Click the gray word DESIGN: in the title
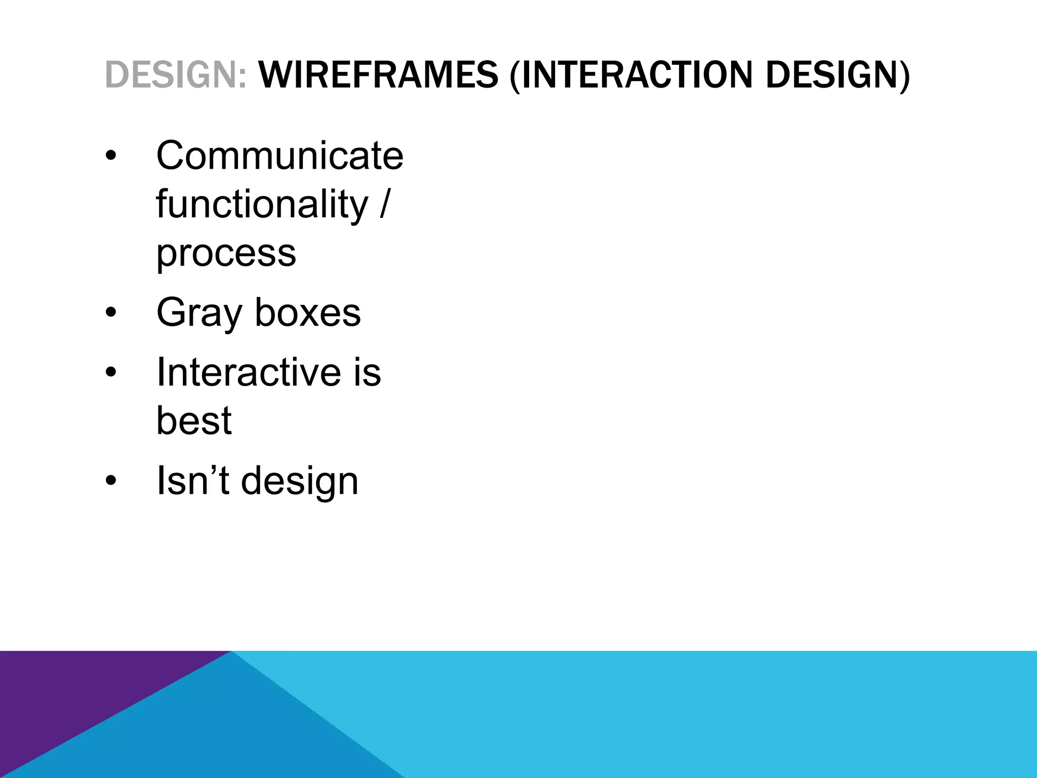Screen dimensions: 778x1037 [x=176, y=75]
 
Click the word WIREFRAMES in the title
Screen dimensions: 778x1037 [x=378, y=75]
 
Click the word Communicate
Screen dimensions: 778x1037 [x=280, y=155]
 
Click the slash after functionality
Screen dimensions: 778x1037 [x=384, y=204]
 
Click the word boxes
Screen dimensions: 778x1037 [x=307, y=313]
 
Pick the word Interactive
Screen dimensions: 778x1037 [x=248, y=372]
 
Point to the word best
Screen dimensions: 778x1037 [x=193, y=420]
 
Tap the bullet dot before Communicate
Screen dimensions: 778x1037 [x=111, y=155]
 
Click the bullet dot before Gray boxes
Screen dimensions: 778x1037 [x=111, y=313]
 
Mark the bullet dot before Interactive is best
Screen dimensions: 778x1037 [x=111, y=373]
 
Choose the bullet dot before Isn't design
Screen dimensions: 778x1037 [x=111, y=481]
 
